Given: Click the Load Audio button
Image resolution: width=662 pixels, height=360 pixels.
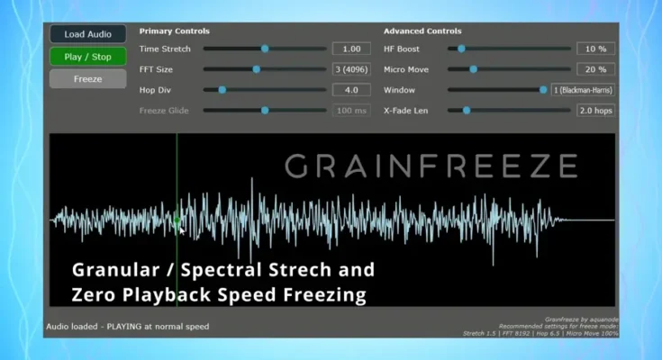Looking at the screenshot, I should [x=87, y=34].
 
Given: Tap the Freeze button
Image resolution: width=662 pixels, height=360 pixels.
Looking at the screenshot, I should [x=87, y=78].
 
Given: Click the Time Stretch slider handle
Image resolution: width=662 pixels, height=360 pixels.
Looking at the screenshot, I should [x=265, y=49].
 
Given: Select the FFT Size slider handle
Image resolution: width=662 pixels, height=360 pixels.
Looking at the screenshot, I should [x=256, y=69].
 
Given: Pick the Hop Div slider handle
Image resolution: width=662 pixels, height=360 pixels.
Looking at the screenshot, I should [x=222, y=90].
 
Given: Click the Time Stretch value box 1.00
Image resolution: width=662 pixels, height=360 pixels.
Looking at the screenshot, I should [x=351, y=49].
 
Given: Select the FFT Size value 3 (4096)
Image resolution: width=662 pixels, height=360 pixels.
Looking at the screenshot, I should [x=351, y=69].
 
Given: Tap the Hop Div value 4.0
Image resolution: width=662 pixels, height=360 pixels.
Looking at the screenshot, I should [x=351, y=90].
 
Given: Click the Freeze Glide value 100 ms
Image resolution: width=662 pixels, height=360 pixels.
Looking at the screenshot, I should [x=351, y=111].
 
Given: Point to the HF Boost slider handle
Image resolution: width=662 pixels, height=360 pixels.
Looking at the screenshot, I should [x=461, y=49].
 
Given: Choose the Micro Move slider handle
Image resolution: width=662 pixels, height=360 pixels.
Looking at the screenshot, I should [x=473, y=69].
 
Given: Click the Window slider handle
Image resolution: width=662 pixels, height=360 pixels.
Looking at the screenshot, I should [x=543, y=90].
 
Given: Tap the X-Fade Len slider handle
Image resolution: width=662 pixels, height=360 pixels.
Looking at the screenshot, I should [x=466, y=111].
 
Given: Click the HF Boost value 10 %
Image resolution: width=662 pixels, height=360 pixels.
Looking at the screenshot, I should [x=595, y=49].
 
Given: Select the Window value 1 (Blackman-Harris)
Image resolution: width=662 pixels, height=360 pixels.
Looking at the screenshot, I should [x=584, y=90].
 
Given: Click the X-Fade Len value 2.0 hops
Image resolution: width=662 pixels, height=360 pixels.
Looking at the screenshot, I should [x=595, y=111].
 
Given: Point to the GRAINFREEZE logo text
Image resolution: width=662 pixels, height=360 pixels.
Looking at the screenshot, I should [x=431, y=166].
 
